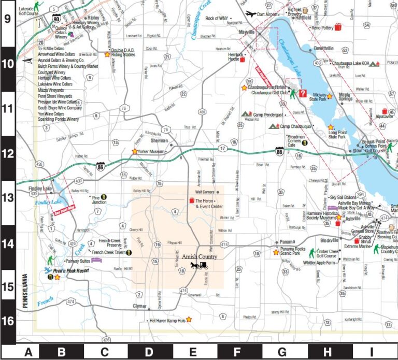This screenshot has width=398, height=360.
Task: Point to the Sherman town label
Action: (x=159, y=140)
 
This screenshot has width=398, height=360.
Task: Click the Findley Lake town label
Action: (x=39, y=189)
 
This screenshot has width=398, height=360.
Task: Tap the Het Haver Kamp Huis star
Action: (x=189, y=320)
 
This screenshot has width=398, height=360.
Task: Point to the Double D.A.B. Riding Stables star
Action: (x=107, y=54)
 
